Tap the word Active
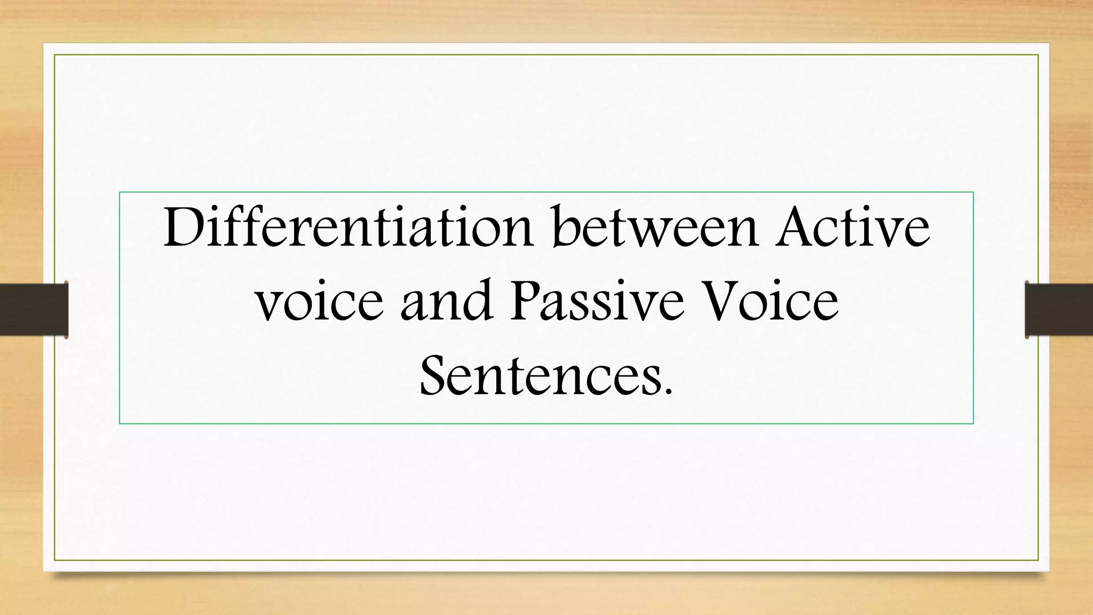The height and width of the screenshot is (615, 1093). click(x=852, y=227)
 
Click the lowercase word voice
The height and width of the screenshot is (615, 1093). click(x=319, y=302)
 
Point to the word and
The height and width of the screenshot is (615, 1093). click(x=446, y=301)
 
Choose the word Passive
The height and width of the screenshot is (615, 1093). click(x=597, y=301)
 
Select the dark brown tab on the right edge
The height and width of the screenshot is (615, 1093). click(x=1059, y=310)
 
